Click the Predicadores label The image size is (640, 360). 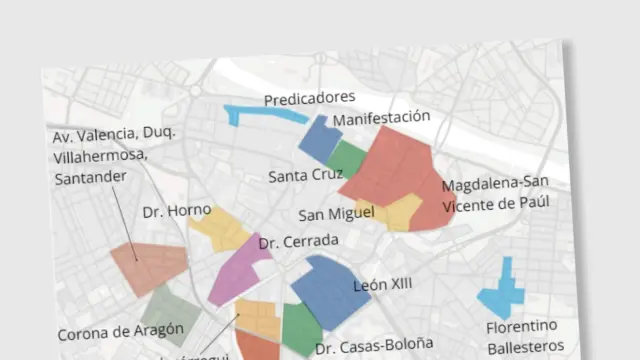tap(309, 98)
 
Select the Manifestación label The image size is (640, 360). tap(381, 118)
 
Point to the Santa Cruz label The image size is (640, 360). tap(305, 175)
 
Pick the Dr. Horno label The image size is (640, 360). tap(176, 211)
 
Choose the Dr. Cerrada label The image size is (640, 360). tap(298, 241)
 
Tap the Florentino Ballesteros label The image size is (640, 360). tap(524, 337)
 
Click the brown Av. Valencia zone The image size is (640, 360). tap(149, 265)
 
